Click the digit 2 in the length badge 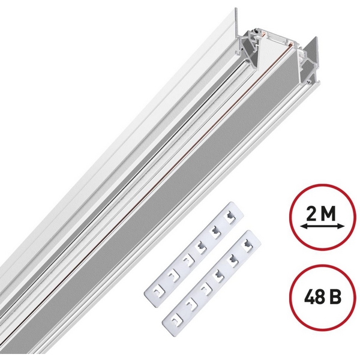(x=312, y=214)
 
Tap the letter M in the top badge (x=329, y=214)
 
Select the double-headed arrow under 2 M (x=322, y=227)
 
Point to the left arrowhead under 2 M (x=304, y=227)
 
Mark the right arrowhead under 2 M (x=341, y=227)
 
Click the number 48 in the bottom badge (x=315, y=297)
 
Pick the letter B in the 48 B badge (x=336, y=297)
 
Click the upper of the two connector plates (x=194, y=254)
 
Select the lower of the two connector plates (x=212, y=282)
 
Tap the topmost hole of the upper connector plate (x=230, y=216)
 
